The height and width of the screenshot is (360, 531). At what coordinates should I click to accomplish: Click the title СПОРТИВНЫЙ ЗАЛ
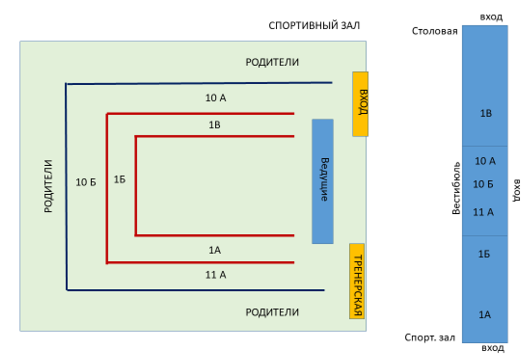tap(314, 26)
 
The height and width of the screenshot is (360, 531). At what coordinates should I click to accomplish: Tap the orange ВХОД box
tap(361, 104)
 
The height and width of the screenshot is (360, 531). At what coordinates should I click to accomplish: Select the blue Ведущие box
tap(323, 181)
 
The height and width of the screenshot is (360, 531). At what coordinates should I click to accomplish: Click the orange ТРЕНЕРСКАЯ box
tap(357, 281)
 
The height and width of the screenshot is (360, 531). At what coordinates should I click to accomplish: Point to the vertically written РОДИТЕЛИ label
tap(48, 186)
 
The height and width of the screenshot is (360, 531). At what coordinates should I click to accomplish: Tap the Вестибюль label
tap(456, 188)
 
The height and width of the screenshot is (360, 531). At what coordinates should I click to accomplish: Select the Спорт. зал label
tap(430, 338)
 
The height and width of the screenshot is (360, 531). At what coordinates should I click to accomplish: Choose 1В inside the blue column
tap(485, 114)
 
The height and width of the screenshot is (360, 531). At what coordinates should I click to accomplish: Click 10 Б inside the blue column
tap(483, 184)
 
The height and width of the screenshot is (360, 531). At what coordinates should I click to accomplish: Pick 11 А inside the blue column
tap(483, 212)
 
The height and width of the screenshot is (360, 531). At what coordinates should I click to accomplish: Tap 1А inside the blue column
tap(485, 315)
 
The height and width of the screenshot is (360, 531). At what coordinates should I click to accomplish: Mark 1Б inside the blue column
tap(484, 254)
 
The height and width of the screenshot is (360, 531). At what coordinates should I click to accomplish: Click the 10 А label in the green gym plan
tap(215, 98)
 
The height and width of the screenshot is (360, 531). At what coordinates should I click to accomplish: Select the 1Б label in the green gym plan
tap(120, 180)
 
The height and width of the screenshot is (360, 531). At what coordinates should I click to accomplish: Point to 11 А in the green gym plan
tap(215, 275)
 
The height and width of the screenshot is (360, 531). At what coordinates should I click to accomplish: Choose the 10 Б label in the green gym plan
tap(86, 183)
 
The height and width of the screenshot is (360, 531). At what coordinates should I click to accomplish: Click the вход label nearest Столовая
tap(491, 17)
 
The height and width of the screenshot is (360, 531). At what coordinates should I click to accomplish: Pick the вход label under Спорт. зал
tap(493, 348)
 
